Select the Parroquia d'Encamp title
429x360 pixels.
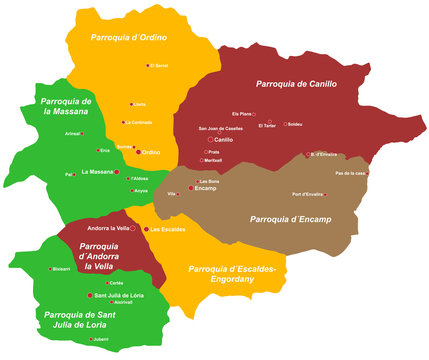point(291,219)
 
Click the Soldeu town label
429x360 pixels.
point(297,124)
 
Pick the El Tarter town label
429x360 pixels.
point(267,127)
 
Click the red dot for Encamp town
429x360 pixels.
point(191,188)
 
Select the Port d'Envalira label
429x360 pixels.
point(307,193)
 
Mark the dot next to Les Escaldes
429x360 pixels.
point(146,230)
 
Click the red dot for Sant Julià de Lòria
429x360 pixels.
point(90,296)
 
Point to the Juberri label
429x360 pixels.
point(100,339)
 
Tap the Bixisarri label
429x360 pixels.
point(61,268)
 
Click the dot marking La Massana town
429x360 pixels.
point(117,172)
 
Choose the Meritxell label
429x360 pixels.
point(214,160)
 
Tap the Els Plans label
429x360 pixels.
point(242,114)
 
